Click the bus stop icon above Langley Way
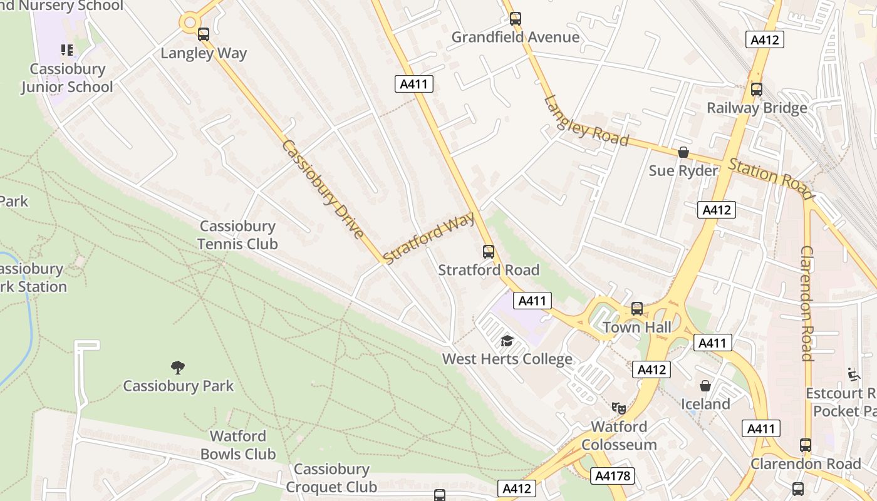pos(203,34)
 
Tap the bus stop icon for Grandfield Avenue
pos(515,19)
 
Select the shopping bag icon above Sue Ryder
pos(683,152)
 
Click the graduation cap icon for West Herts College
pos(507,341)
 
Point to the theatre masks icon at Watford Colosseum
pos(619,408)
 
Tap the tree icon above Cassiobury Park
pos(178,367)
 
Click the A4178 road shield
pos(613,476)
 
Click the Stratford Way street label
pos(429,237)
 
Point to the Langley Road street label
pos(586,120)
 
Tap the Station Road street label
pos(770,175)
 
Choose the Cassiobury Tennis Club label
pos(237,235)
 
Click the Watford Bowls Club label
pos(238,445)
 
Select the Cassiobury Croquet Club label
pos(331,478)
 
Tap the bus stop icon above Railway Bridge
pos(757,90)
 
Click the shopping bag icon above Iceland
pos(705,386)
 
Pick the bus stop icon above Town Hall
pos(637,309)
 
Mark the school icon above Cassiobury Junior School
pos(67,49)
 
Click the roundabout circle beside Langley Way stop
pos(189,23)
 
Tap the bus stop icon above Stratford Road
pos(489,252)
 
